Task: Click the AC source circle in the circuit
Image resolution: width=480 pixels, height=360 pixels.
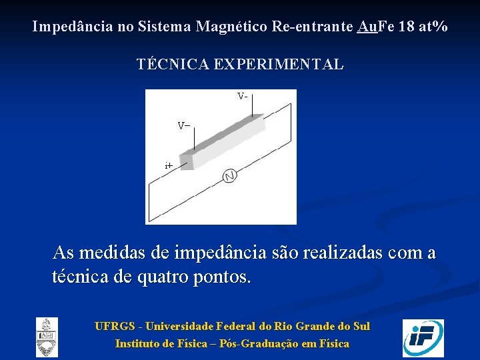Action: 230,176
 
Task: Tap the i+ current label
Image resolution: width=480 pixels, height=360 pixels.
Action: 169,165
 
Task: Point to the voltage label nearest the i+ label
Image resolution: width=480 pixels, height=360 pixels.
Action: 183,125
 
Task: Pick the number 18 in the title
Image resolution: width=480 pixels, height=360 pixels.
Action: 405,27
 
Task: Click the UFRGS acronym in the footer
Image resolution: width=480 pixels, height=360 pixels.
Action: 115,327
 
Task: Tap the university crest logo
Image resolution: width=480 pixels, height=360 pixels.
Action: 47,337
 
